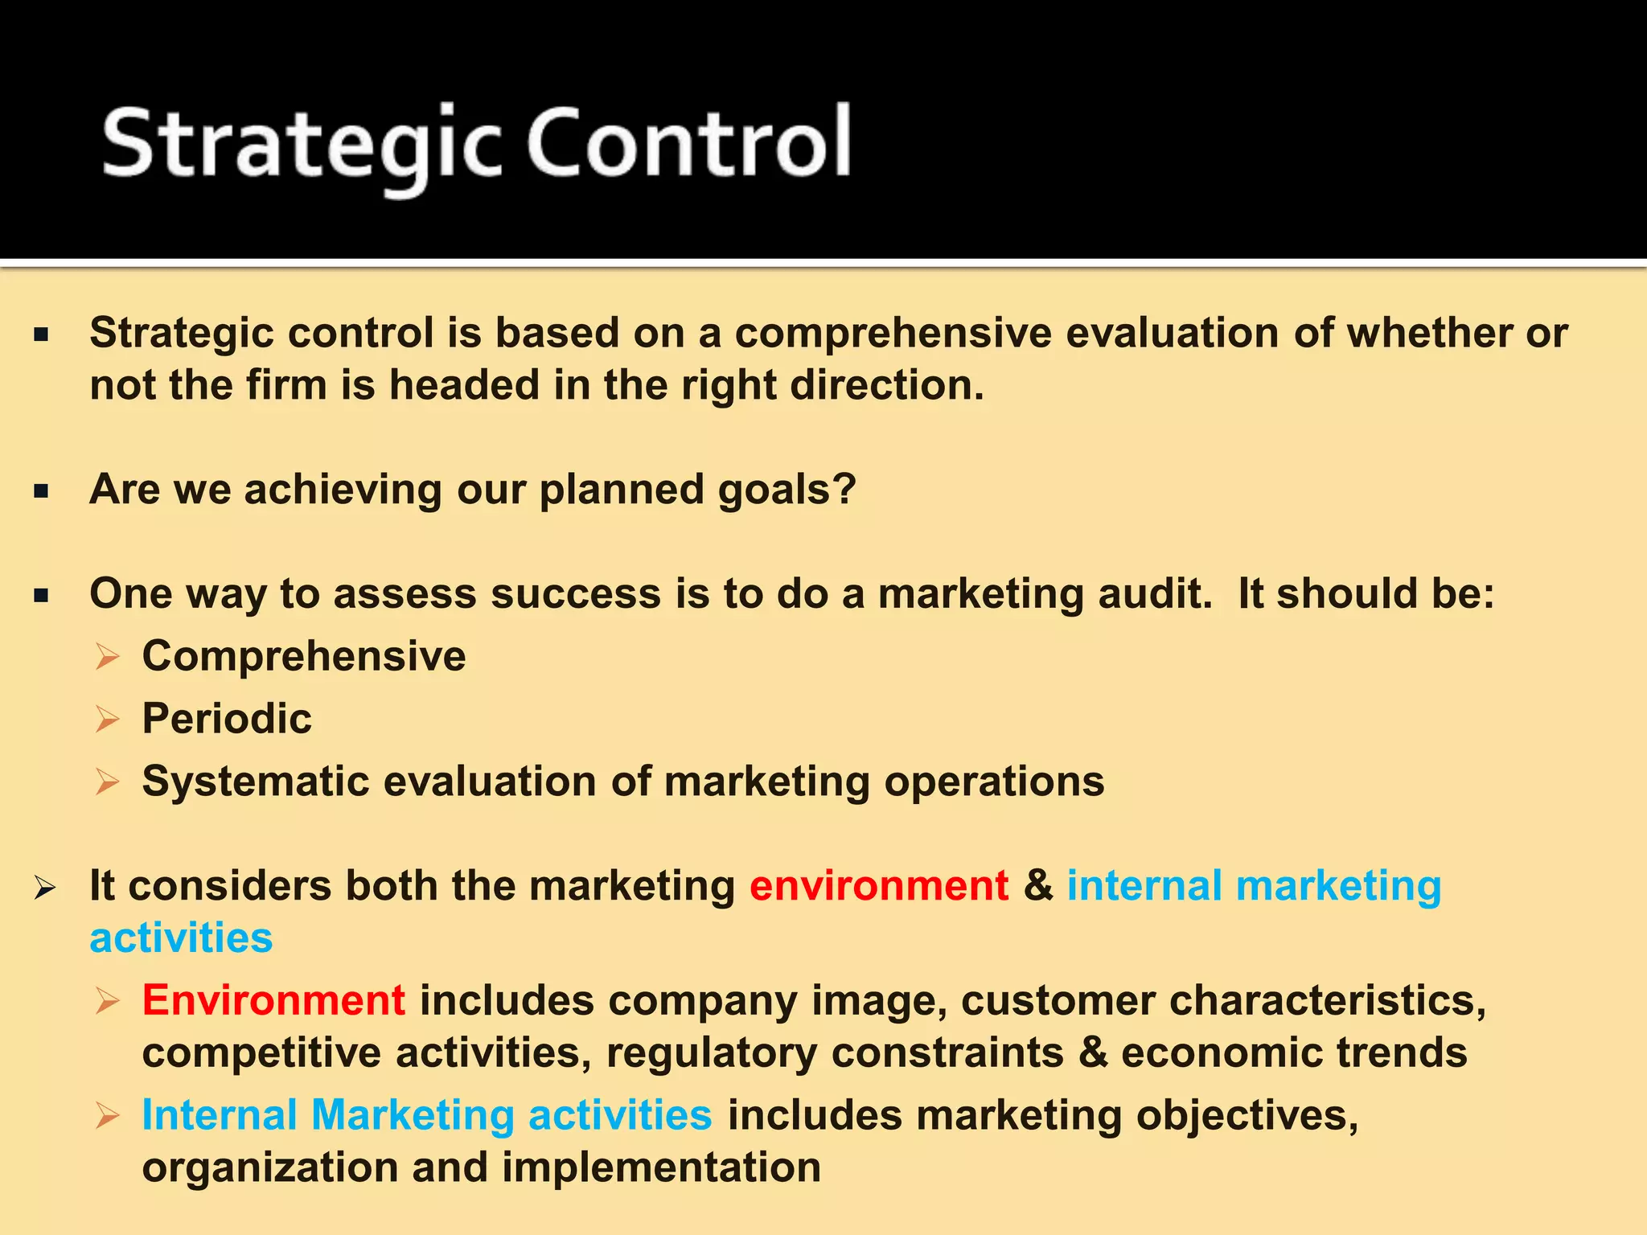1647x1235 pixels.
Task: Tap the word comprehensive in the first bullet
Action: pyautogui.click(x=893, y=333)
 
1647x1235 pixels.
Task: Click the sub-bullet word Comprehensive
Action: pyautogui.click(x=304, y=656)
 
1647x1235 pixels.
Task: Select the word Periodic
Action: pyautogui.click(x=227, y=718)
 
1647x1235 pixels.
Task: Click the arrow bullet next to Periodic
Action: pyautogui.click(x=107, y=719)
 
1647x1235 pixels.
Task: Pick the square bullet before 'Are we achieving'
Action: pyautogui.click(x=42, y=490)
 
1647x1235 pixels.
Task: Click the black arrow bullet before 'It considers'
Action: pyautogui.click(x=45, y=888)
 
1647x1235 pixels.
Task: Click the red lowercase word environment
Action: pyautogui.click(x=879, y=886)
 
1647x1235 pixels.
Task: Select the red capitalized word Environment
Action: pyautogui.click(x=273, y=1000)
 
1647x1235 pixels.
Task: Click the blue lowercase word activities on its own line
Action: pyautogui.click(x=182, y=938)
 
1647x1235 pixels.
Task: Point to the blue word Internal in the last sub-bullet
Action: pyautogui.click(x=220, y=1115)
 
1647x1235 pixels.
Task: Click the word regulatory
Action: pyautogui.click(x=712, y=1053)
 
